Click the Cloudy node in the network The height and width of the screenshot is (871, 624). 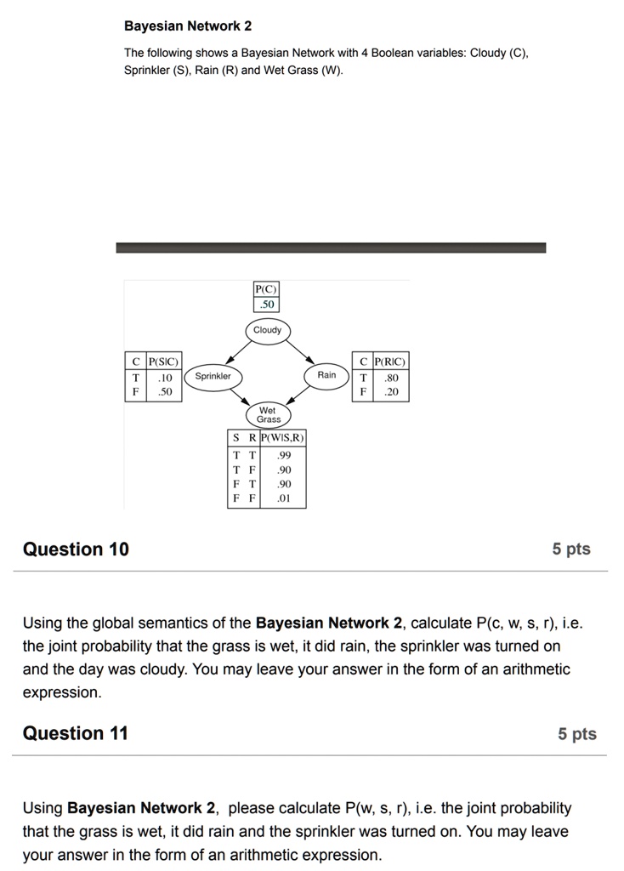267,330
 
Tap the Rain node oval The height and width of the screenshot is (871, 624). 326,375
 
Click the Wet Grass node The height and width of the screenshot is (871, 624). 269,415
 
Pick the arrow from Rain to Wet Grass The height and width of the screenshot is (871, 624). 299,396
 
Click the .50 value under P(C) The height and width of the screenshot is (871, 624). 267,304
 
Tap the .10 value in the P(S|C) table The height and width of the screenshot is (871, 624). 165,378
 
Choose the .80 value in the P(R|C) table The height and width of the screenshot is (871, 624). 391,378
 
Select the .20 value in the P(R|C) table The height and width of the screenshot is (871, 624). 391,393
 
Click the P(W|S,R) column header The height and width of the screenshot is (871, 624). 283,438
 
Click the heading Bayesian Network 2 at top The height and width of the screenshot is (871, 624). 188,26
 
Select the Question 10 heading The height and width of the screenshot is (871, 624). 76,549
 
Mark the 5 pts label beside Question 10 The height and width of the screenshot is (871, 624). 570,549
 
